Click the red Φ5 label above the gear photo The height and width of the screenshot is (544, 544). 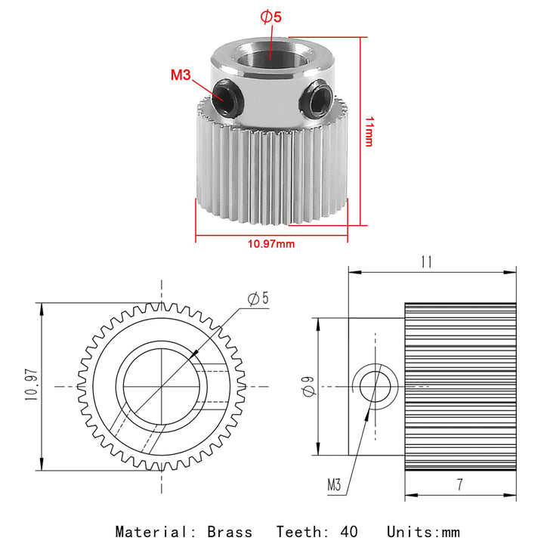click(x=271, y=17)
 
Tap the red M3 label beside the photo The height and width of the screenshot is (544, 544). click(x=181, y=75)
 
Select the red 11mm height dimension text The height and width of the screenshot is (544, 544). click(x=369, y=131)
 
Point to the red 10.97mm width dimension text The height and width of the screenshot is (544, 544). click(x=271, y=244)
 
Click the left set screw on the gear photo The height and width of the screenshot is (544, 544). click(x=226, y=97)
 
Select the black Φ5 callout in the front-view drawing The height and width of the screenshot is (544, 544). click(x=258, y=298)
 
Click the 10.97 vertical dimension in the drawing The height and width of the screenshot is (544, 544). click(x=32, y=385)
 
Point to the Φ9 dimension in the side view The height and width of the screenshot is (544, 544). click(x=308, y=386)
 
